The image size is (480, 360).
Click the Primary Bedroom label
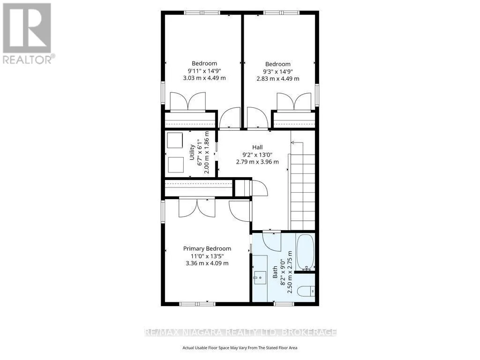pos(207,248)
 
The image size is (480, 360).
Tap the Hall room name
pos(257,147)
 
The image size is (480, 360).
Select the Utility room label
pos(192,152)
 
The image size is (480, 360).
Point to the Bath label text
pos(275,272)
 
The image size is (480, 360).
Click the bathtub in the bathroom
pos(305,252)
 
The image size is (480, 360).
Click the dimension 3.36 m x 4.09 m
pos(207,263)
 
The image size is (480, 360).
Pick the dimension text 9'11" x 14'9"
pos(204,71)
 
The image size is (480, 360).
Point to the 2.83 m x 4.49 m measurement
pos(278,79)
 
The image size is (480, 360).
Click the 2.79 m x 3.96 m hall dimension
pos(257,162)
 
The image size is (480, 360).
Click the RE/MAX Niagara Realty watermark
pos(240,332)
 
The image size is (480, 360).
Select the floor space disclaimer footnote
pos(240,348)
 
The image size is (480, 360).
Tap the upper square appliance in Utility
pos(175,141)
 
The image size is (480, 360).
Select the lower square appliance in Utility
pos(176,165)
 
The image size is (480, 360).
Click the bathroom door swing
pos(272,242)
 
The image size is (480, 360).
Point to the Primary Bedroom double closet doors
pos(197,209)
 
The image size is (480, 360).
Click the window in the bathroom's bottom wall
pos(284,304)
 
